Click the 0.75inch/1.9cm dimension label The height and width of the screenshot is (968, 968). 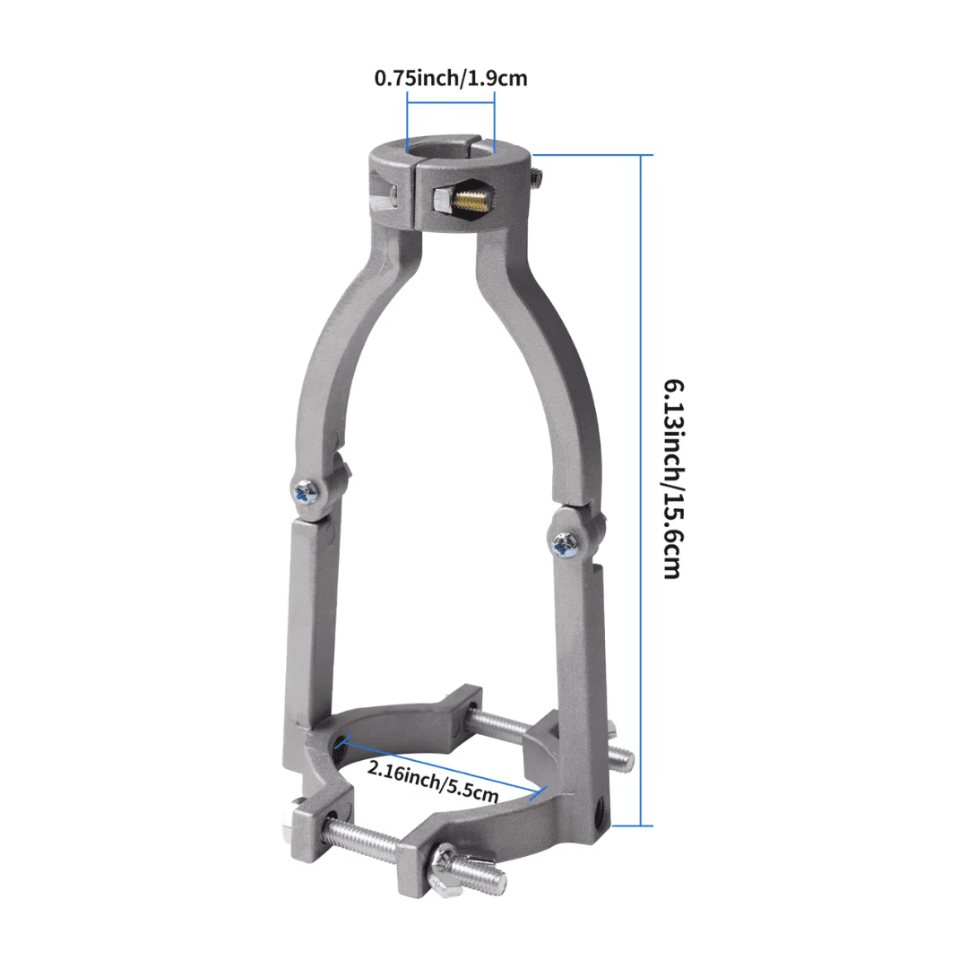450,78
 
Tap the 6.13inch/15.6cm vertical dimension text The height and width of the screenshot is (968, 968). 674,479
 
